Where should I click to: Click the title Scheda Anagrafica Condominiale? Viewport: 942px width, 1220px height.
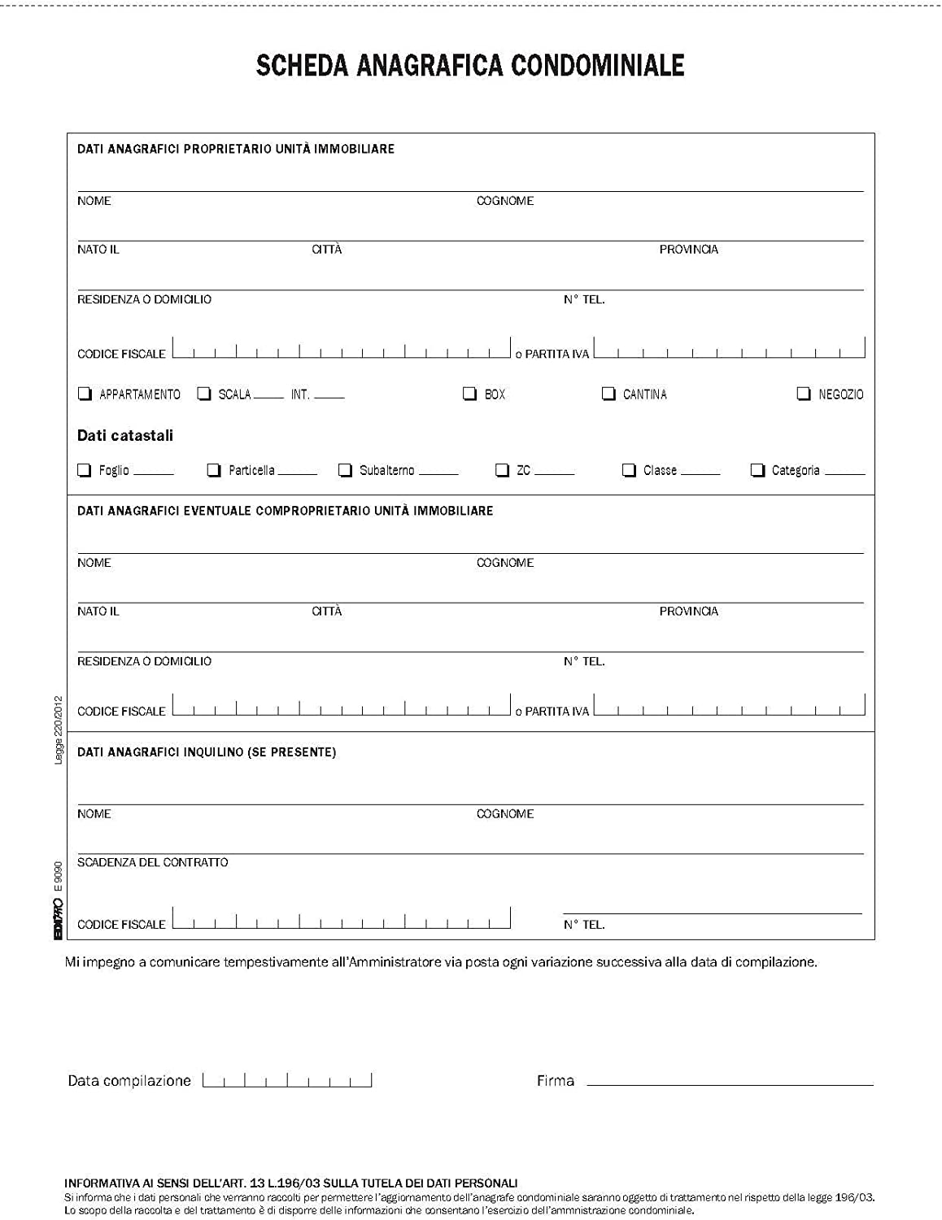[x=470, y=65]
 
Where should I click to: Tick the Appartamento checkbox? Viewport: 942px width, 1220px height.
[x=85, y=394]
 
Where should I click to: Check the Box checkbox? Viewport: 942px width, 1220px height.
[x=469, y=394]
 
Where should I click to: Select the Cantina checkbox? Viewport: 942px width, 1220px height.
[x=608, y=394]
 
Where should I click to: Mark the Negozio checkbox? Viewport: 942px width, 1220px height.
[x=804, y=394]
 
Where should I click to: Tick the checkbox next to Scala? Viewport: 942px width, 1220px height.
[x=204, y=394]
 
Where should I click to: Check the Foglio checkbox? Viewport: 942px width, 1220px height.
[x=84, y=470]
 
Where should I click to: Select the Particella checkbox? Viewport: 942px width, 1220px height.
[x=214, y=470]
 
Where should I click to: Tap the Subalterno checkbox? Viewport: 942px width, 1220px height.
[x=345, y=470]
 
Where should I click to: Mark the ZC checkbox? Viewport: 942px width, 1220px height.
[x=502, y=470]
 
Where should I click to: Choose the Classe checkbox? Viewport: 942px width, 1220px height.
[x=629, y=470]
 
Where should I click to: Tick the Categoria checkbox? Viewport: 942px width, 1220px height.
[x=757, y=470]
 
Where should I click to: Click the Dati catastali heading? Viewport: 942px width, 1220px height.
[x=125, y=436]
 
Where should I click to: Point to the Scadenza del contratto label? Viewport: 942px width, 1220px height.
[x=153, y=862]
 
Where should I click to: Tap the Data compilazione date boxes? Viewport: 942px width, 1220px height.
[x=287, y=1080]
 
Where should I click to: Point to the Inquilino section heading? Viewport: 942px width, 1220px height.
[x=207, y=752]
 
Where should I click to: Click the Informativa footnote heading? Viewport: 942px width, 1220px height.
[x=290, y=1183]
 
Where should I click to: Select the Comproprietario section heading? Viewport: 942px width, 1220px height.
[x=285, y=511]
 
